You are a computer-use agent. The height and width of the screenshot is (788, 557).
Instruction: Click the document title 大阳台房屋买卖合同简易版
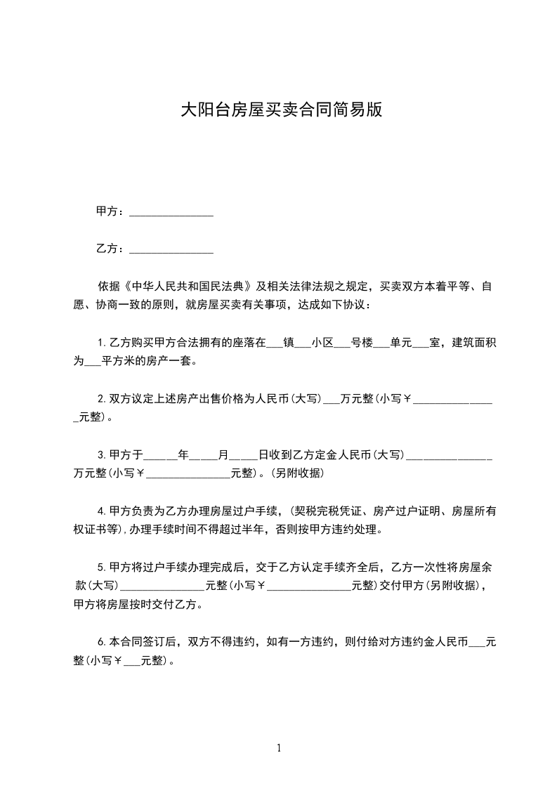pos(282,110)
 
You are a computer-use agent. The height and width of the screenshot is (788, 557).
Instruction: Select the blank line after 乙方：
pos(171,249)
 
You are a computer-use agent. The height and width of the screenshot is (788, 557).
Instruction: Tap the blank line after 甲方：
pos(171,212)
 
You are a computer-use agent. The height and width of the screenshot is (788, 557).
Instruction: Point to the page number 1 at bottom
pos(279,748)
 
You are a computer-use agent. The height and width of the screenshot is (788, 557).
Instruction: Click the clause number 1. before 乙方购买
pos(102,343)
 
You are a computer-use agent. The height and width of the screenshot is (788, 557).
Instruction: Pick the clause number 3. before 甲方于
pos(102,455)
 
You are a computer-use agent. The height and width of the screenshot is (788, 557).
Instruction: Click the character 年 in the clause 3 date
pos(184,455)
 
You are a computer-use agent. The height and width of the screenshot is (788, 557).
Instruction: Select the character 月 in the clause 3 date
pos(223,455)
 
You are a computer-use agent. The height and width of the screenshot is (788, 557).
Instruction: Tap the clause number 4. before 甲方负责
pos(102,511)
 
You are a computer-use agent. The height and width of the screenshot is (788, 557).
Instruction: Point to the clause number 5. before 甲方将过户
pos(102,567)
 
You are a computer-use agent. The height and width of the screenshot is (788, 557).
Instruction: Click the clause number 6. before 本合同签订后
pos(102,642)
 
